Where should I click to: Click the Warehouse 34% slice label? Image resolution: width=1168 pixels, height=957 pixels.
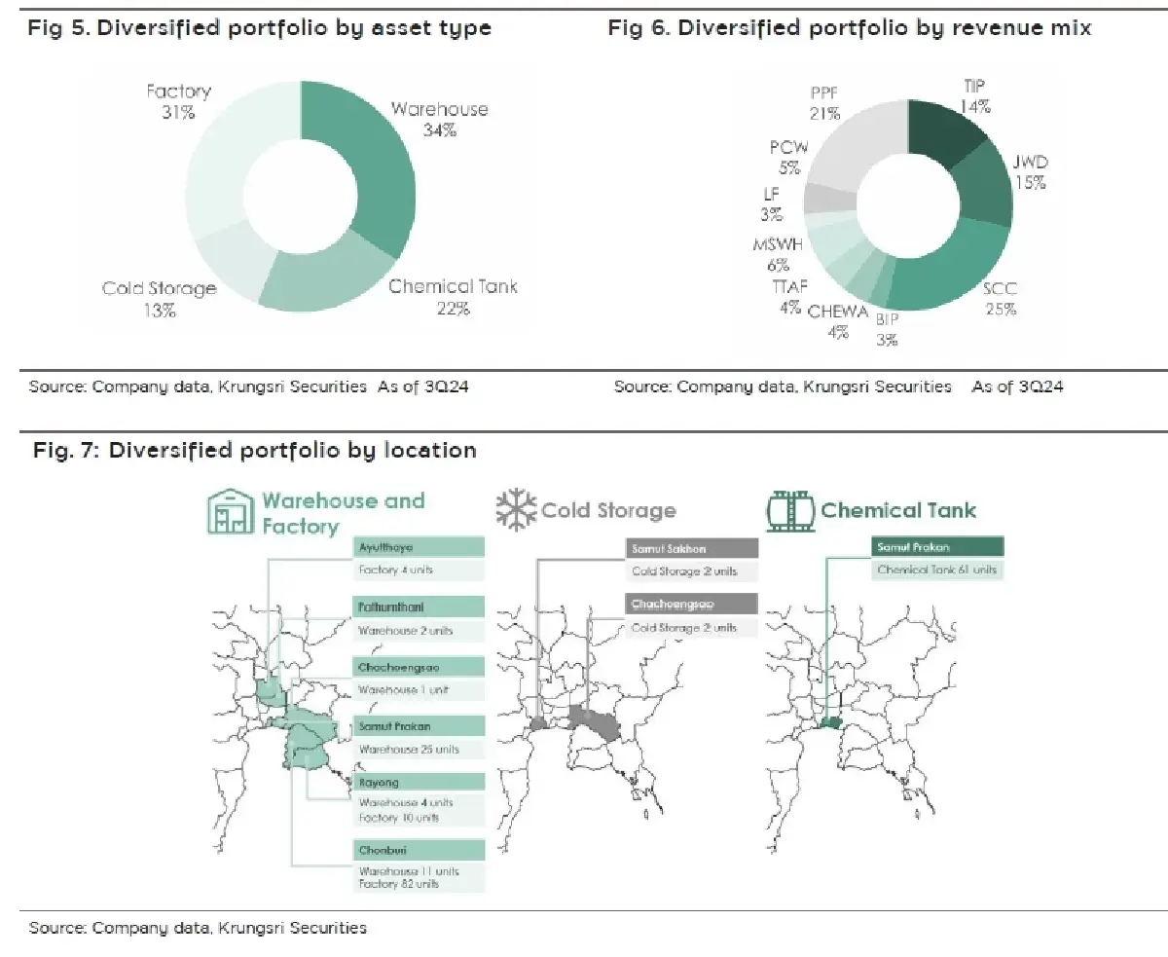[x=439, y=118]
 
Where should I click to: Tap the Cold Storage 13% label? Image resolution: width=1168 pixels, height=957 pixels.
[x=160, y=299]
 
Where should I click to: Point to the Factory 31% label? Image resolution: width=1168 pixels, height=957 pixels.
[x=178, y=101]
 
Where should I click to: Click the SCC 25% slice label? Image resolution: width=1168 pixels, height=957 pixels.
[x=1000, y=299]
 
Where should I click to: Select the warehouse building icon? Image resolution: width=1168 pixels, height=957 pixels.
[x=230, y=512]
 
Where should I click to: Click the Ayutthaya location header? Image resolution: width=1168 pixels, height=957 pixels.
[x=419, y=548]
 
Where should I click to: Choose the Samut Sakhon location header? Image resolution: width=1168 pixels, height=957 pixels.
[x=691, y=549]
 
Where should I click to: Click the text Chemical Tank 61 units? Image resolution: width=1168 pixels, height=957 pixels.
[x=936, y=571]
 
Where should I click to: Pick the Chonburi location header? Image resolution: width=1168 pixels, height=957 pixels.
[x=419, y=849]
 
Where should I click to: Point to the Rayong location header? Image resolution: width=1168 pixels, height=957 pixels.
[x=419, y=783]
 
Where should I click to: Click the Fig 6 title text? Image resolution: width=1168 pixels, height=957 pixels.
[x=850, y=28]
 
